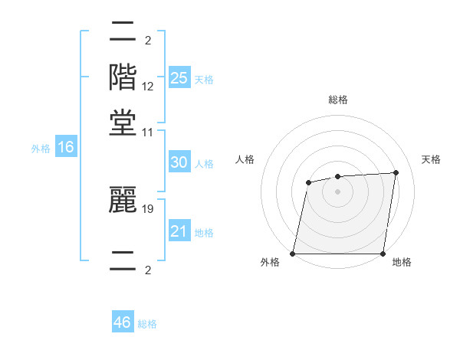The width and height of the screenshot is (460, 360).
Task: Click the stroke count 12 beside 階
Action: (148, 87)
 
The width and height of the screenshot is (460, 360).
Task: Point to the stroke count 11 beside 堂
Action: (148, 133)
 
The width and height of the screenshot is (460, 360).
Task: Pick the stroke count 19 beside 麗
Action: (148, 208)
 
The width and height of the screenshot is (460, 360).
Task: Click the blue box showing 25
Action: (179, 77)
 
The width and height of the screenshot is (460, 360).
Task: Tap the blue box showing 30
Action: (179, 162)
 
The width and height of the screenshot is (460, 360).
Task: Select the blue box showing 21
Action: (179, 231)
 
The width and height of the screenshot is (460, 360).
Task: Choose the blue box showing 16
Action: (66, 148)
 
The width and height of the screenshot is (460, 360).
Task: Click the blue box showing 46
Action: (123, 322)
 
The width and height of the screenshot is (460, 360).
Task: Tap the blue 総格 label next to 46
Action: (147, 324)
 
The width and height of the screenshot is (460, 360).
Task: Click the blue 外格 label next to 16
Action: (41, 149)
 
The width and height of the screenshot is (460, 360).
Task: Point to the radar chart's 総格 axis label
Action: (337, 100)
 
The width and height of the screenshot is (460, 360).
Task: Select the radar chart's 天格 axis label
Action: (431, 159)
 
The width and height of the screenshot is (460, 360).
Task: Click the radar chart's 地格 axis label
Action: (402, 262)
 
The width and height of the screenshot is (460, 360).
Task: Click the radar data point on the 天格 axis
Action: (396, 172)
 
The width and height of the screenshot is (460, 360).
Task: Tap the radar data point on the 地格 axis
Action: (383, 254)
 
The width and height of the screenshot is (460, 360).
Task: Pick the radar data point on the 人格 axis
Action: (308, 182)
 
